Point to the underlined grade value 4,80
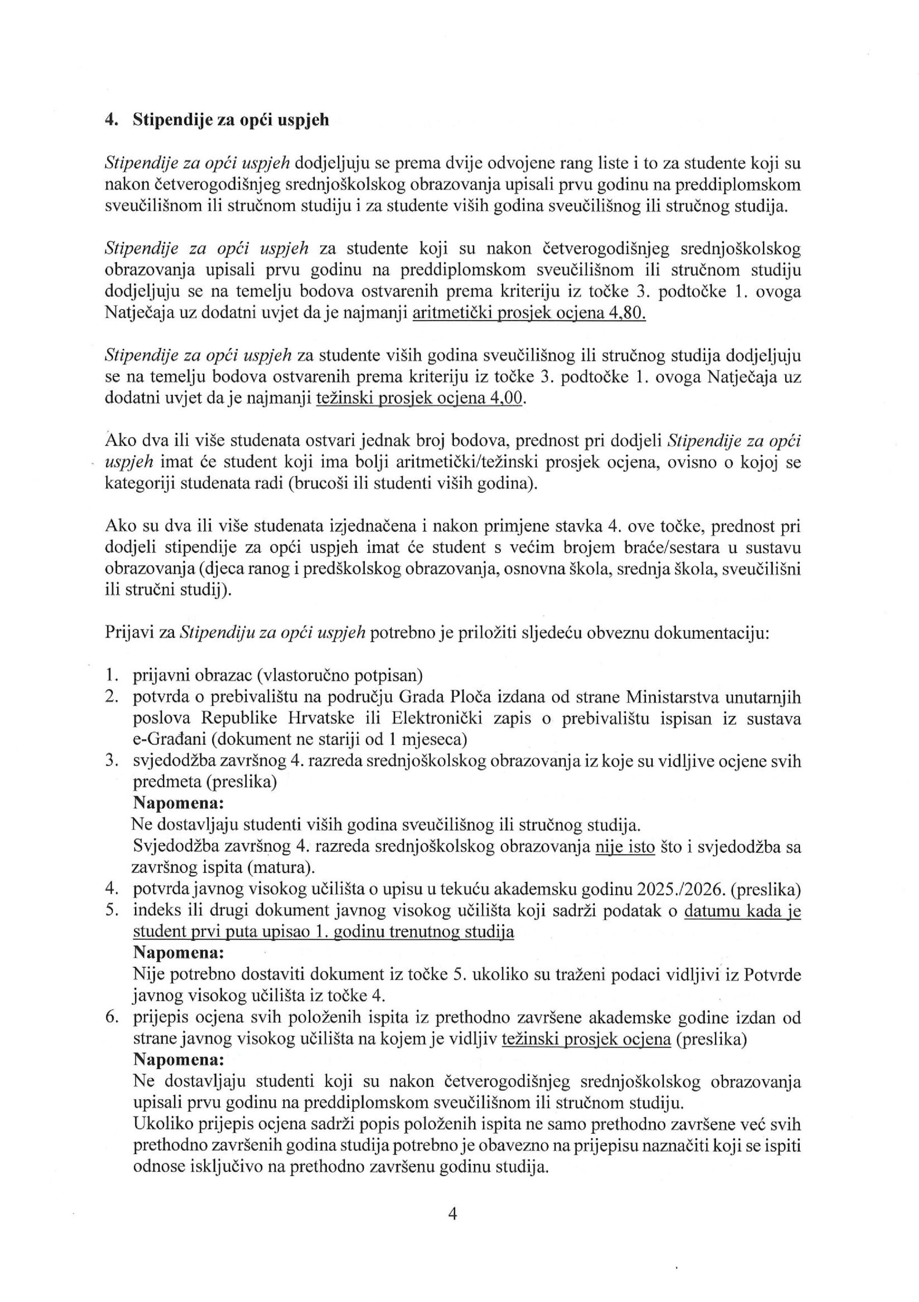point(627,313)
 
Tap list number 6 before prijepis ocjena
point(112,1017)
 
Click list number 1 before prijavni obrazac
point(111,675)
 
